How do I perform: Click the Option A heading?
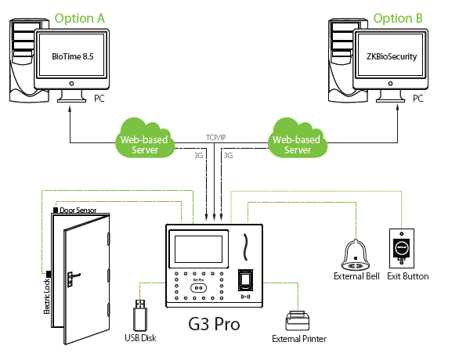[79, 19]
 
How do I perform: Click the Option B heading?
[398, 19]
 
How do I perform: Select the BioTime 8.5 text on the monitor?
[73, 56]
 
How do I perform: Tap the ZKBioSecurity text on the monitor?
[392, 56]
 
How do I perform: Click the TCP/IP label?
[216, 138]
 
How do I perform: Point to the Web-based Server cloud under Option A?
[145, 138]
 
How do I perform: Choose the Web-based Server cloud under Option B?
[297, 138]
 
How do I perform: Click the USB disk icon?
[140, 315]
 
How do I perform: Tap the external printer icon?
[298, 321]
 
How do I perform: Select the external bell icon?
[356, 255]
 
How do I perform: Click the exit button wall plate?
[402, 248]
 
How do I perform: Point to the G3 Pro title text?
[214, 324]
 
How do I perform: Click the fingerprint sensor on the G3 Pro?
[245, 280]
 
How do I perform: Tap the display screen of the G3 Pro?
[199, 249]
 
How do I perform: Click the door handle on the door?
[73, 277]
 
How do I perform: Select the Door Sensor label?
[78, 211]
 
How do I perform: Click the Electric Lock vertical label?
[47, 297]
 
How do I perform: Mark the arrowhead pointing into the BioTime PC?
[70, 110]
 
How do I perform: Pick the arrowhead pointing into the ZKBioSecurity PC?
[398, 108]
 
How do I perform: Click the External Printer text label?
[299, 339]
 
